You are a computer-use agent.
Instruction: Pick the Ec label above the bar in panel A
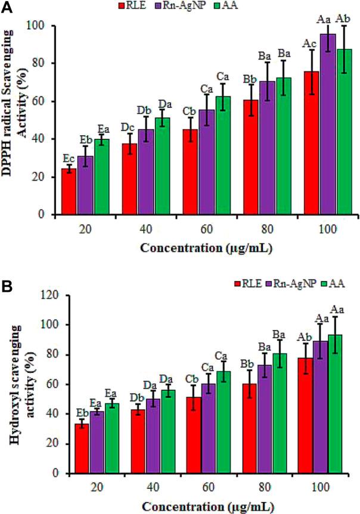pyautogui.click(x=69, y=158)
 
